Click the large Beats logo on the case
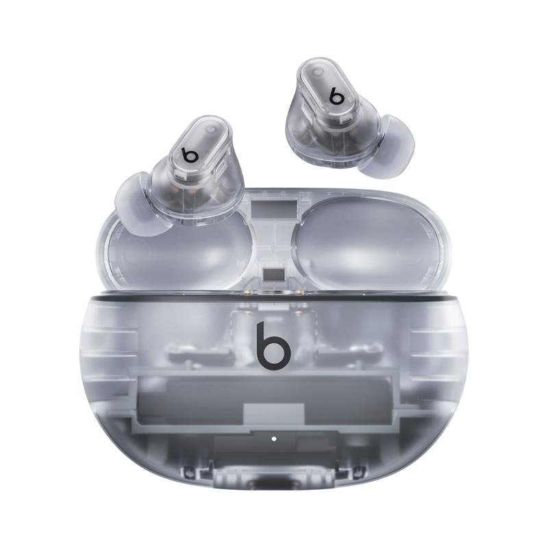pos(273,346)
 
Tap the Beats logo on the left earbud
pos(190,155)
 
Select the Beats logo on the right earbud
pos(336,95)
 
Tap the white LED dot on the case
pos(273,438)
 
